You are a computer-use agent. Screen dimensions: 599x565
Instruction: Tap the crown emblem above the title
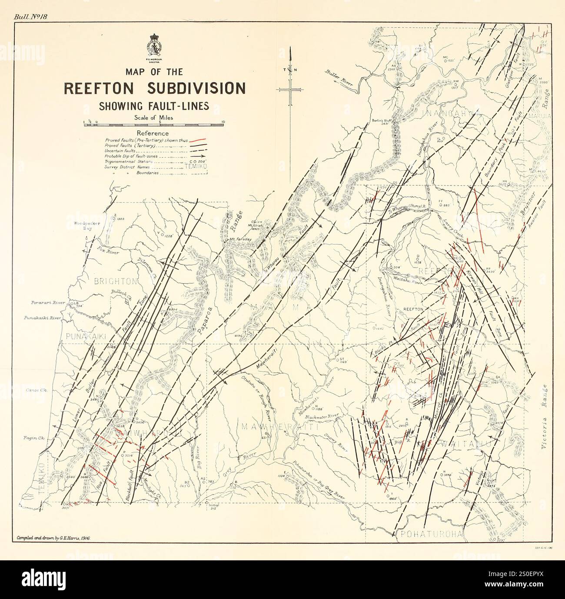point(155,43)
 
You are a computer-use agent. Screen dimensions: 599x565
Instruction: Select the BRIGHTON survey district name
point(116,281)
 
